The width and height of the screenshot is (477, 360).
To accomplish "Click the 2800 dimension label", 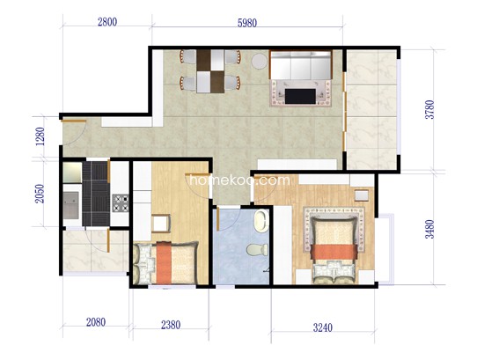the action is (x=107, y=22).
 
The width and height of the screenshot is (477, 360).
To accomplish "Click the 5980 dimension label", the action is (x=247, y=23).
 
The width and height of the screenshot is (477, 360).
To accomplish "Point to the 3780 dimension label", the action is (x=430, y=109).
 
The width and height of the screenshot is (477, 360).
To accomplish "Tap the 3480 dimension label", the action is (x=429, y=229).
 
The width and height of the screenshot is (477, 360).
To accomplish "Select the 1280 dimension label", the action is (x=40, y=136).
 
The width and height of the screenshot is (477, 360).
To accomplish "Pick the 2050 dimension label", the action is (x=40, y=194).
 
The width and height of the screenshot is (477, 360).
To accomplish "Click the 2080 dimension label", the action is (x=96, y=322).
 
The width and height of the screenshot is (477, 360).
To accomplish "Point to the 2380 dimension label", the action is (x=171, y=325).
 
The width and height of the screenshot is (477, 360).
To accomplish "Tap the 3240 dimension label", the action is (x=323, y=327).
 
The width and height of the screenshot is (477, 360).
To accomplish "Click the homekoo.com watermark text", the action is (x=239, y=180).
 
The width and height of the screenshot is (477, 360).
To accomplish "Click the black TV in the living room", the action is (x=300, y=97).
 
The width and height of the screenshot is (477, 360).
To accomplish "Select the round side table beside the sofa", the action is (x=260, y=61).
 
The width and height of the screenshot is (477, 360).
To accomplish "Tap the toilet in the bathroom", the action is (x=257, y=249).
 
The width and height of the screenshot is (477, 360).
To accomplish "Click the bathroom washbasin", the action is (x=261, y=221).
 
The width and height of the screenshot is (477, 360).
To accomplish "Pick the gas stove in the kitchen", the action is (x=121, y=203).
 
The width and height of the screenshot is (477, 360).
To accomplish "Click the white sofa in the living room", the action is (x=300, y=65).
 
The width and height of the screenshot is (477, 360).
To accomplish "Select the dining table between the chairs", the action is (x=210, y=71).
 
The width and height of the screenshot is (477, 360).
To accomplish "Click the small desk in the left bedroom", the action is (x=160, y=224).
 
